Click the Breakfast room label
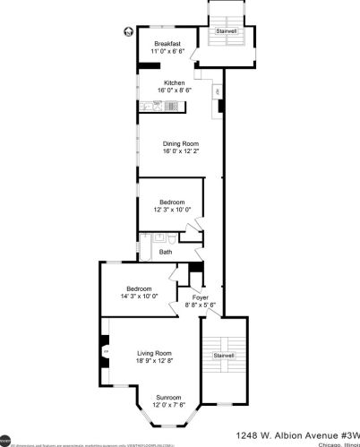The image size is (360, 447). (x=167, y=43)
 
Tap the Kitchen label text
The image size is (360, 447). (x=174, y=82)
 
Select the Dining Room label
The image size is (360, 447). (x=180, y=143)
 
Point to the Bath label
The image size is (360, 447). (x=166, y=252)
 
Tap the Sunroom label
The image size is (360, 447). (x=168, y=397)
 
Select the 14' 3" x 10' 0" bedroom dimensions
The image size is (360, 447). (x=138, y=296)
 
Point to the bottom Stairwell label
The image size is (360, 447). (x=224, y=356)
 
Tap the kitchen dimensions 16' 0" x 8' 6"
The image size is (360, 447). (x=174, y=90)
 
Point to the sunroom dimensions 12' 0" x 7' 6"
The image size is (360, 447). (x=168, y=405)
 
